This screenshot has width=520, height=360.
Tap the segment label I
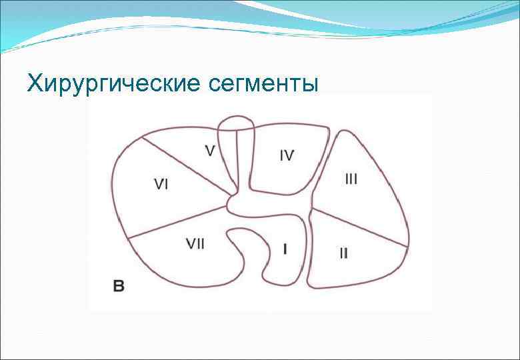click(x=285, y=249)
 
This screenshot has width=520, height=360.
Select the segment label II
click(x=343, y=253)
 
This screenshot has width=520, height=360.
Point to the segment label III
click(x=351, y=179)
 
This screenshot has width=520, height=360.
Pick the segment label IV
click(x=287, y=155)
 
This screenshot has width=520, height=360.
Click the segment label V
click(x=209, y=151)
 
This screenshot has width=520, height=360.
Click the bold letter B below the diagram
click(x=118, y=287)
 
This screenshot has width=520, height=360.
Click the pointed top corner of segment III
click(x=347, y=131)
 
